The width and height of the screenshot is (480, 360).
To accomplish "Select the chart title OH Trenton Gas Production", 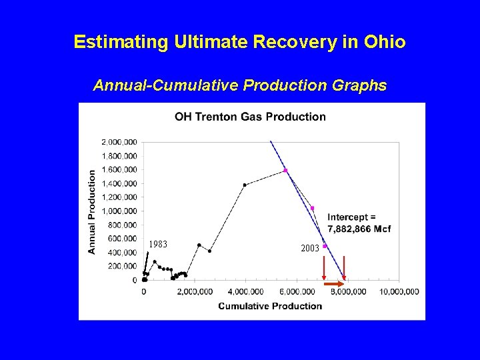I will point(250,117).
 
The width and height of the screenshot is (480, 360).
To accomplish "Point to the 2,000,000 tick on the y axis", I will point(119,141).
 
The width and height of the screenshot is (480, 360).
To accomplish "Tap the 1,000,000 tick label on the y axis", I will point(119,211).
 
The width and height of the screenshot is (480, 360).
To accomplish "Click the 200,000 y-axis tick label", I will point(123,267).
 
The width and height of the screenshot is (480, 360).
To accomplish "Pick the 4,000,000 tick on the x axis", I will point(246,291).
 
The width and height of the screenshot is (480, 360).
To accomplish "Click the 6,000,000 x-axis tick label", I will point(297,291).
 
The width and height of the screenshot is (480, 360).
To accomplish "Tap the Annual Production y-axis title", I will point(93,211).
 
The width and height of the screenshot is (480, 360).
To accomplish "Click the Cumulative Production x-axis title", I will point(270,306).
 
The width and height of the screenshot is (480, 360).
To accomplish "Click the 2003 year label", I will point(309,248).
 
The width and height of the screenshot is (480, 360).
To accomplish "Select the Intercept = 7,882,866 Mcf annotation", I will point(359,223).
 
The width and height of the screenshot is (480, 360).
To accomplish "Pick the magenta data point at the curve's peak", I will point(285,171).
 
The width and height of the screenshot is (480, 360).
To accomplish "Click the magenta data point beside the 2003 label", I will point(325,246).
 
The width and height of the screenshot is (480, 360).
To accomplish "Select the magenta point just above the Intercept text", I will point(312,208).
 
